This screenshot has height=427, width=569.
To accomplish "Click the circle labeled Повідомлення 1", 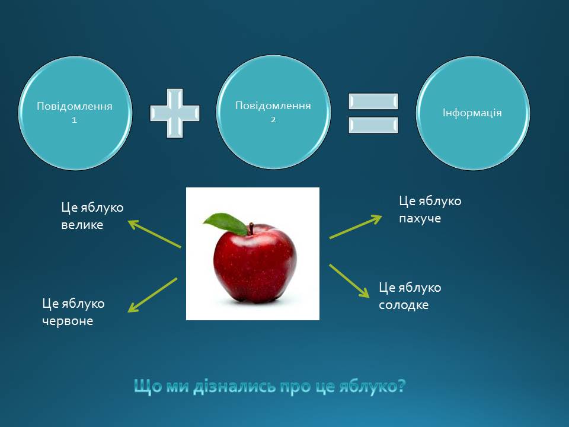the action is [75, 113].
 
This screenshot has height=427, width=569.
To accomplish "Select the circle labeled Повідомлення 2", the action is [273, 112].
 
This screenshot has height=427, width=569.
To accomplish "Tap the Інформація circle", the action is [472, 113].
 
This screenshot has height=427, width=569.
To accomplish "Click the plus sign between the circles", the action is [175, 113].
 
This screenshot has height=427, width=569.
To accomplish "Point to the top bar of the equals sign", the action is [373, 101].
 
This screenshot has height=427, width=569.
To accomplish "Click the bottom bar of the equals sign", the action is [373, 125].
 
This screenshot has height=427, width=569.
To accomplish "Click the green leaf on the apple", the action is [226, 224].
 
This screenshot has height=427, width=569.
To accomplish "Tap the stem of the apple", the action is [251, 229].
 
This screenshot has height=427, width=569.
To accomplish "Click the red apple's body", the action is [255, 263].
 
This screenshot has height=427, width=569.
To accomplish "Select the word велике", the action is [82, 225].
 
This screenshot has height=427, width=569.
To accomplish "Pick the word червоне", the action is [68, 321].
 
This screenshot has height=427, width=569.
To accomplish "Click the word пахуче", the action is [420, 218].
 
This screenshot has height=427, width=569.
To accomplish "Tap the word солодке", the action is [404, 305].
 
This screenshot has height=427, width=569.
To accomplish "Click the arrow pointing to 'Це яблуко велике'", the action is [155, 234].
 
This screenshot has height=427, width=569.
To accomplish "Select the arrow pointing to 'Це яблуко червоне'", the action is [152, 295].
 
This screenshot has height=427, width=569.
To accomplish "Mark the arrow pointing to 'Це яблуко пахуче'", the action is [356, 227].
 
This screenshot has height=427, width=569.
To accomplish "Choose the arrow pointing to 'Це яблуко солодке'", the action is [349, 281].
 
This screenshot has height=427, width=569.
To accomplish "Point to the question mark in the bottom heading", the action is [401, 385].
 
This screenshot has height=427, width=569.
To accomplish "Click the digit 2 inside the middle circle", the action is [273, 119].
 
